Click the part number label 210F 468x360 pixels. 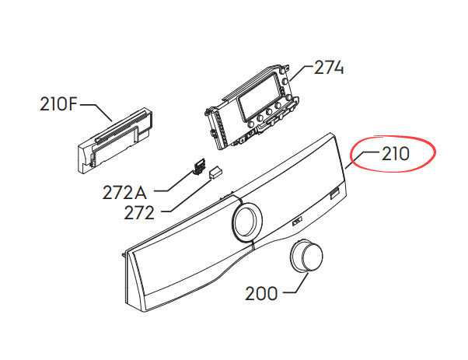(58, 105)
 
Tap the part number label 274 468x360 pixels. (329, 68)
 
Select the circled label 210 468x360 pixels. (396, 154)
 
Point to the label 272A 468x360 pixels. (124, 192)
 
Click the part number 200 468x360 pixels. (261, 293)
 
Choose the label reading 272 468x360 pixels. (139, 212)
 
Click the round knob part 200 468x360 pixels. (306, 257)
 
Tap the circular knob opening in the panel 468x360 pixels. (246, 221)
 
